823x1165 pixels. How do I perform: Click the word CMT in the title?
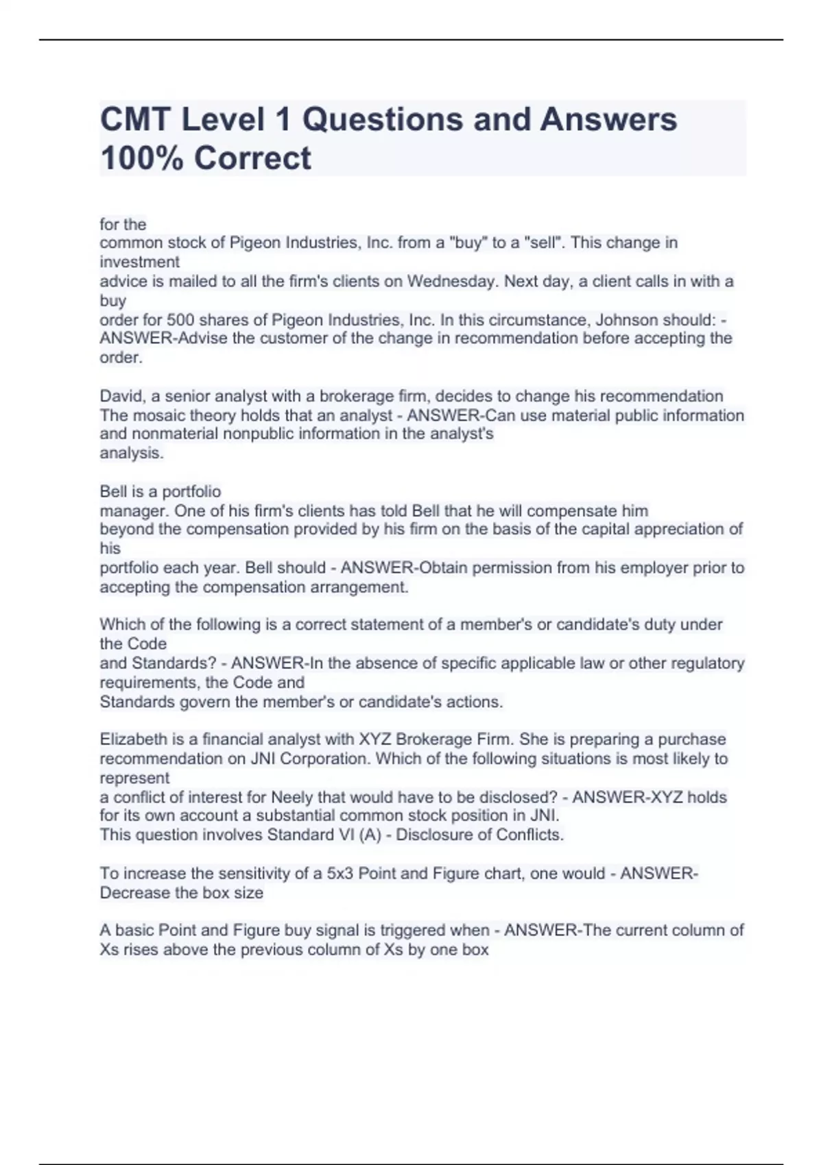(x=134, y=120)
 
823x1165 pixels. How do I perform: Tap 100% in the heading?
(x=141, y=158)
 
